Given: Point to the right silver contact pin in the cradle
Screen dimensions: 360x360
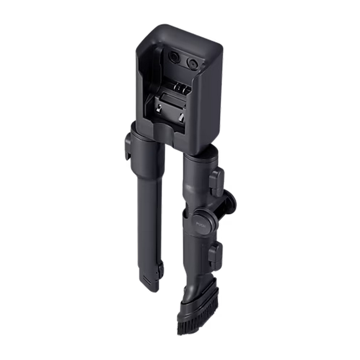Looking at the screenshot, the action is pos(181,117).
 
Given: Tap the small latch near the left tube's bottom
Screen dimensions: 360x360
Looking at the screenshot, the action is pos(161,269).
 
